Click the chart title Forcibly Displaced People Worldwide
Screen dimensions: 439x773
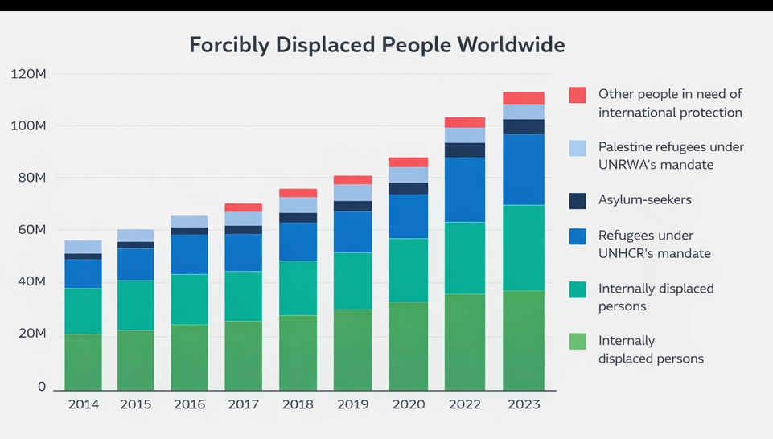pyautogui.click(x=376, y=44)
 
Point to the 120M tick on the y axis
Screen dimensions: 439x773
pyautogui.click(x=30, y=74)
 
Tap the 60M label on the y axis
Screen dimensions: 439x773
pyautogui.click(x=30, y=230)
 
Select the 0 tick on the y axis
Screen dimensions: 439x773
pyautogui.click(x=41, y=387)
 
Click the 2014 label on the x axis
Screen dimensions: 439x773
pyautogui.click(x=83, y=404)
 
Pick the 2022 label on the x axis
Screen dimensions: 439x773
pyautogui.click(x=465, y=404)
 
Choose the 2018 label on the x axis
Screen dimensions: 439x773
pyautogui.click(x=298, y=404)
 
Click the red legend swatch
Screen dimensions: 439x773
pyautogui.click(x=578, y=95)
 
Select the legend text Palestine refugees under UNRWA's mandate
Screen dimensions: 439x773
pyautogui.click(x=671, y=156)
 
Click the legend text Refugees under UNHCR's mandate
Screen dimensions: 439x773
pyautogui.click(x=655, y=244)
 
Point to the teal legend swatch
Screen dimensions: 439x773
pyautogui.click(x=578, y=289)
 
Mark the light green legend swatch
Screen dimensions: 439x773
pyautogui.click(x=578, y=341)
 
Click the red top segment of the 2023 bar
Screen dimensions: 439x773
pyautogui.click(x=524, y=98)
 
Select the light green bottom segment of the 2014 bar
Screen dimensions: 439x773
pyautogui.click(x=83, y=362)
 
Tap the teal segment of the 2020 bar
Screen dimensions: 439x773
pyautogui.click(x=409, y=270)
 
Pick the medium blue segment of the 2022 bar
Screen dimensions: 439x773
pyautogui.click(x=465, y=190)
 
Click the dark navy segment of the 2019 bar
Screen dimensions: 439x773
pyautogui.click(x=353, y=206)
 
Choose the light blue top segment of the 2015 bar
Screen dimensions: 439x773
pyautogui.click(x=136, y=236)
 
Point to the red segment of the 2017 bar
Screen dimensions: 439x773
pyautogui.click(x=243, y=207)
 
